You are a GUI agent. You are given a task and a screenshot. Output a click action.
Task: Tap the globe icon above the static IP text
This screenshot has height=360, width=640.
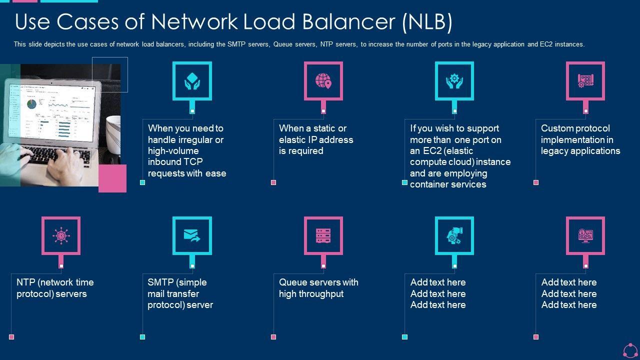click(323, 80)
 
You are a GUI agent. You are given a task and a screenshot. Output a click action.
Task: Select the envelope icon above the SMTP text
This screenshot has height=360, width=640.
click(192, 235)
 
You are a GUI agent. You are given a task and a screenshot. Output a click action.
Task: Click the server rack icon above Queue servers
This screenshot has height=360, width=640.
click(323, 235)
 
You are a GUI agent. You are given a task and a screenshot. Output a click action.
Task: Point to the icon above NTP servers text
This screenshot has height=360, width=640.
click(61, 235)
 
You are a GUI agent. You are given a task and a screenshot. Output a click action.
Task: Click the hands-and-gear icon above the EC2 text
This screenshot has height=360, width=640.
click(454, 80)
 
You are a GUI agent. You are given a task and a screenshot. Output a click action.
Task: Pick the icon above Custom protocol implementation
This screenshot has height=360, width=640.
click(585, 80)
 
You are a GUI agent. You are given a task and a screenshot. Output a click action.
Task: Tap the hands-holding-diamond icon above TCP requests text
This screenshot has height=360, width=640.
click(192, 80)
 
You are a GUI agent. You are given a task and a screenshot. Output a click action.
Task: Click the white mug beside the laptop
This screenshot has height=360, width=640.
click(113, 135)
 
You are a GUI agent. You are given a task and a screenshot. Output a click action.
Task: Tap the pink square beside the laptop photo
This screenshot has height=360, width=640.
click(112, 178)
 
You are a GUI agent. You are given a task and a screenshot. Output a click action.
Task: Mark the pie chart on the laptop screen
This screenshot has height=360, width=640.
click(31, 104)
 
